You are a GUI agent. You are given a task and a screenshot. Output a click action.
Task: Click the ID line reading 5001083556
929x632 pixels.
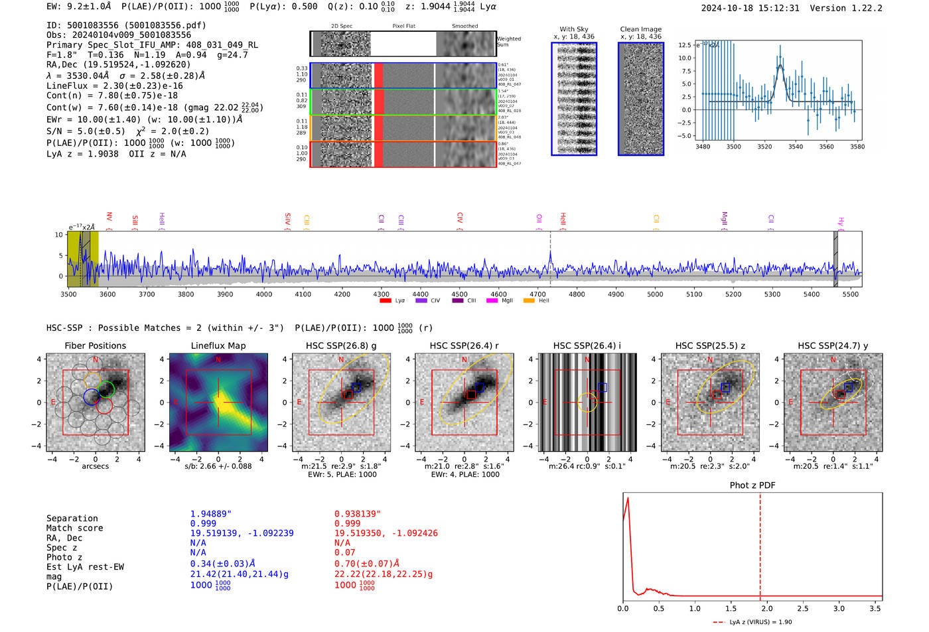[x=126, y=25]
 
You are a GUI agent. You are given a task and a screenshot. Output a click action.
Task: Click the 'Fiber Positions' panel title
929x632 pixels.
[x=95, y=346]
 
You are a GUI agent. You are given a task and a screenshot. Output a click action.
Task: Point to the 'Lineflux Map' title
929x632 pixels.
[x=218, y=346]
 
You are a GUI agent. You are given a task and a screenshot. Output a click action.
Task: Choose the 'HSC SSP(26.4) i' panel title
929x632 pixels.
[x=587, y=346]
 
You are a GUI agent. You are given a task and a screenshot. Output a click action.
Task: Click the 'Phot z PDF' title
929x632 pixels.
[x=752, y=485]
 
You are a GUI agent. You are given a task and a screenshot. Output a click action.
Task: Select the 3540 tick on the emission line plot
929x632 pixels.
[x=795, y=147]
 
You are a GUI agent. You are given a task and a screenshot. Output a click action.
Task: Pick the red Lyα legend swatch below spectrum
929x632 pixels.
[x=385, y=300]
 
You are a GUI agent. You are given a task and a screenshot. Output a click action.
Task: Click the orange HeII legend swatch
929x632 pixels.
[x=529, y=300]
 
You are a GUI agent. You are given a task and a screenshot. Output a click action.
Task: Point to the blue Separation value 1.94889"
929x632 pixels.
[x=210, y=514]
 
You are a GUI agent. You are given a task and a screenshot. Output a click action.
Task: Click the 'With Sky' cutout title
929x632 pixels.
[x=573, y=29]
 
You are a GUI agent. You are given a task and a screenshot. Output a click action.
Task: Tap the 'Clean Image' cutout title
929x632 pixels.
[x=640, y=29]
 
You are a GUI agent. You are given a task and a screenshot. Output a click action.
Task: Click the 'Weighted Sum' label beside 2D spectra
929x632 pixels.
[x=508, y=41]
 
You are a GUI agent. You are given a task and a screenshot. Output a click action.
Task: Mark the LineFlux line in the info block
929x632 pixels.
[x=114, y=86]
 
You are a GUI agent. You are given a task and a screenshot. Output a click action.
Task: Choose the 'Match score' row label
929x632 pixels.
[x=74, y=528]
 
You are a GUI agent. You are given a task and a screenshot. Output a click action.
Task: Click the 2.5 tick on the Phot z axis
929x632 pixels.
[x=802, y=608]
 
